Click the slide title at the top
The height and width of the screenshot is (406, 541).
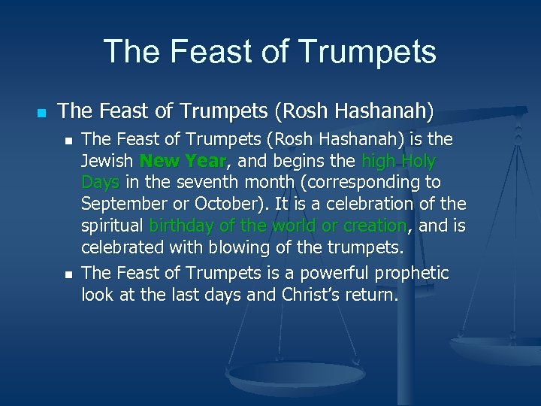coord(270,51)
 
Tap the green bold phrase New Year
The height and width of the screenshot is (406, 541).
coord(183,161)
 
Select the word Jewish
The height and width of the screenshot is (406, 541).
coord(107,161)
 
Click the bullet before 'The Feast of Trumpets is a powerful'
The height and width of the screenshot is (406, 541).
coord(68,273)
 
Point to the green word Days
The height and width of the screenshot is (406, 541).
coord(100,183)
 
